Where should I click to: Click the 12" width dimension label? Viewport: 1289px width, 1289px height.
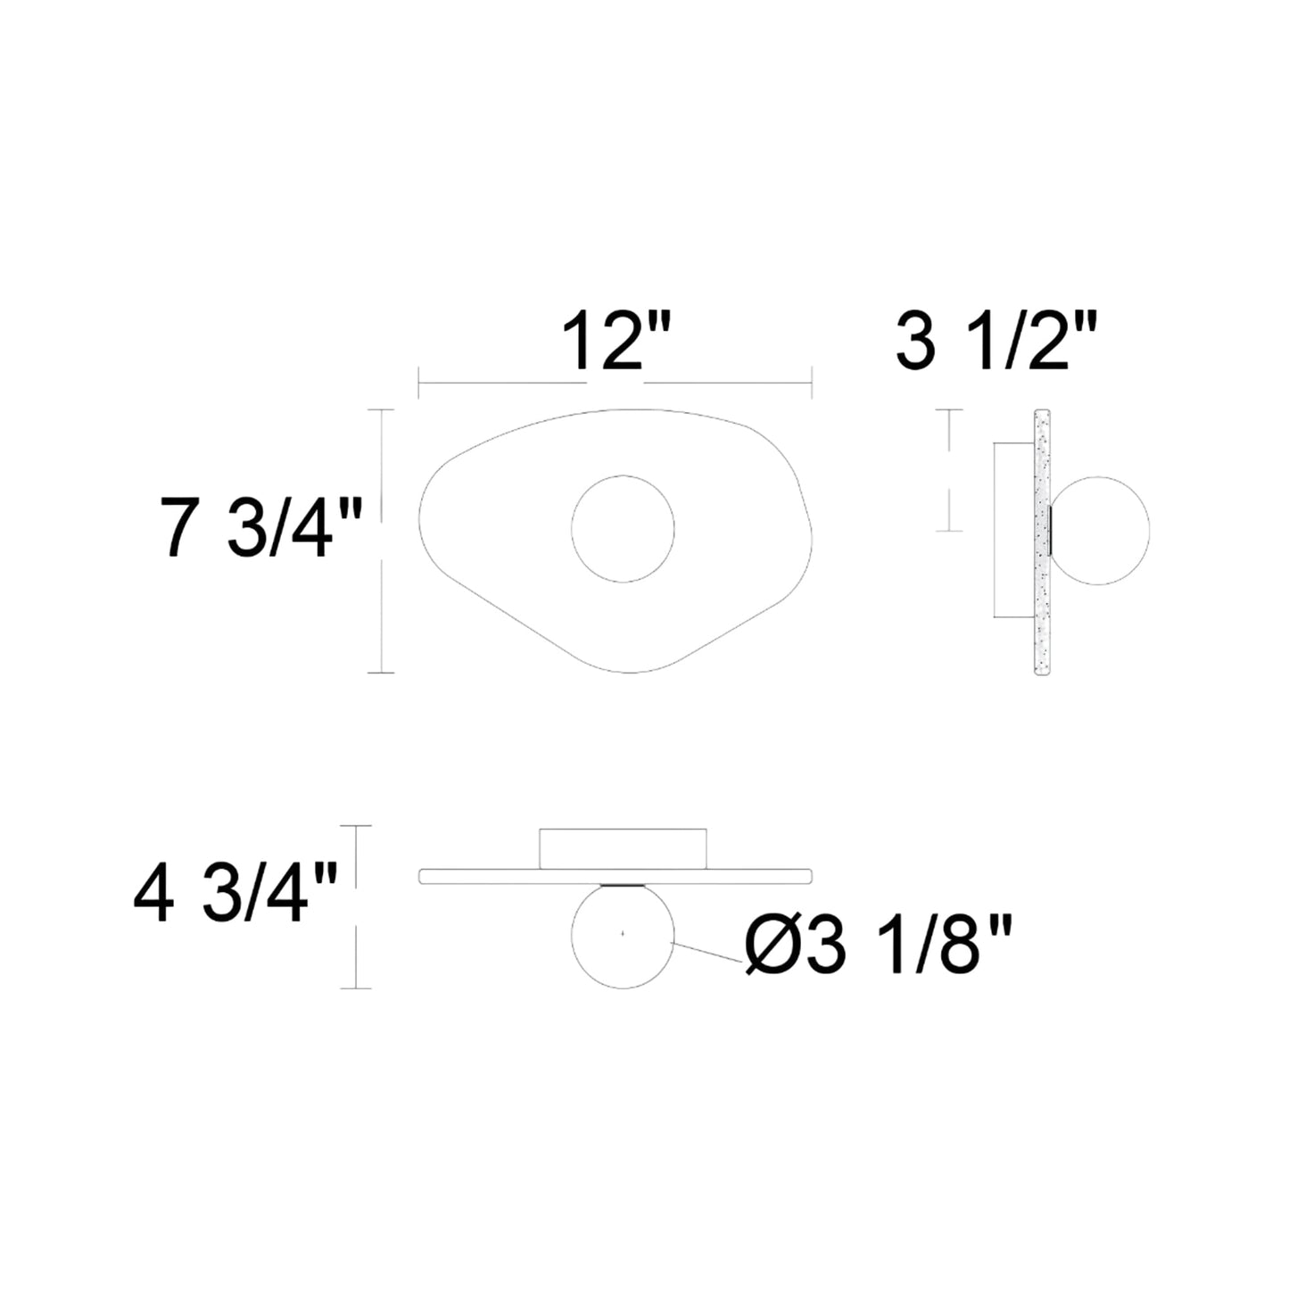(x=615, y=342)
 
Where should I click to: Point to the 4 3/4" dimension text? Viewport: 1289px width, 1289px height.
(x=235, y=899)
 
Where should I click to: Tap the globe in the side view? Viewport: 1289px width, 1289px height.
(x=1100, y=532)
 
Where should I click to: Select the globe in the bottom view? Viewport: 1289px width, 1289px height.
(x=623, y=937)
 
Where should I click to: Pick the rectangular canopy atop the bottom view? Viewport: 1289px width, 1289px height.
(x=623, y=847)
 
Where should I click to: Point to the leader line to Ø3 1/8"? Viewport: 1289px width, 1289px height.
(x=708, y=952)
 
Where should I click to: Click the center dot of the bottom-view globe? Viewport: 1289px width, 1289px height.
(x=623, y=934)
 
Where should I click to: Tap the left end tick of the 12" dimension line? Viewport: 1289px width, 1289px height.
(x=418, y=385)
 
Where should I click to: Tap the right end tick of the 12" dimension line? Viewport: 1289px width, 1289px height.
(x=810, y=385)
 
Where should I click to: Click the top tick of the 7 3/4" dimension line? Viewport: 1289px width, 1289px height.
(x=381, y=410)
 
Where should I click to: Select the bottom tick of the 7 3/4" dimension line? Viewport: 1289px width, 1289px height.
(x=381, y=672)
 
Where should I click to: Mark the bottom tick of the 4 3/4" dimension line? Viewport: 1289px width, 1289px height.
(x=356, y=987)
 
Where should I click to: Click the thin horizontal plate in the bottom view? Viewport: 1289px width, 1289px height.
(x=500, y=875)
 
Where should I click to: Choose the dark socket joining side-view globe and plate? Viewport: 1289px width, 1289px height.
(x=1053, y=532)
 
